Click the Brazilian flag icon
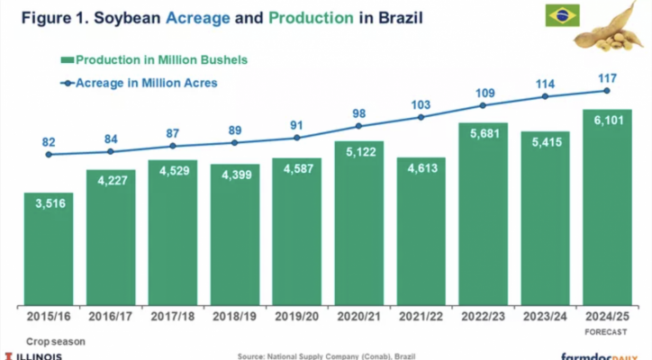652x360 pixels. point(563,15)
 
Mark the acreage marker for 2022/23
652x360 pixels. point(482,105)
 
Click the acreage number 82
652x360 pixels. point(49,141)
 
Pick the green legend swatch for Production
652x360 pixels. point(66,60)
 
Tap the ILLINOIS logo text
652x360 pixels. point(36,355)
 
